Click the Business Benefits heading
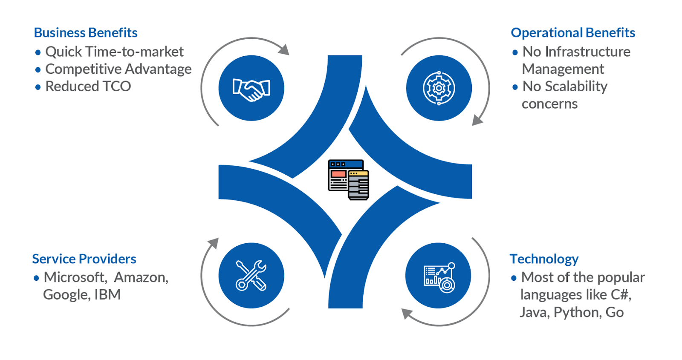coord(86,32)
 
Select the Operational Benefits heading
coord(573,33)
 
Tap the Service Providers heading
coord(84,259)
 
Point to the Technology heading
coord(544,259)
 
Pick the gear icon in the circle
coord(439,88)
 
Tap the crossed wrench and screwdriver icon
coord(251,275)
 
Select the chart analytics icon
coord(439,277)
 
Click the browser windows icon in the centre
coord(348,179)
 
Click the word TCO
coord(117,86)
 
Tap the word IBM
coord(107,294)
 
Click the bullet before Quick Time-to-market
coord(38,52)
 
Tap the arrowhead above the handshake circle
coord(284,49)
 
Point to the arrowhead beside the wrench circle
coord(214,243)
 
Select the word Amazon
coord(141,277)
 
